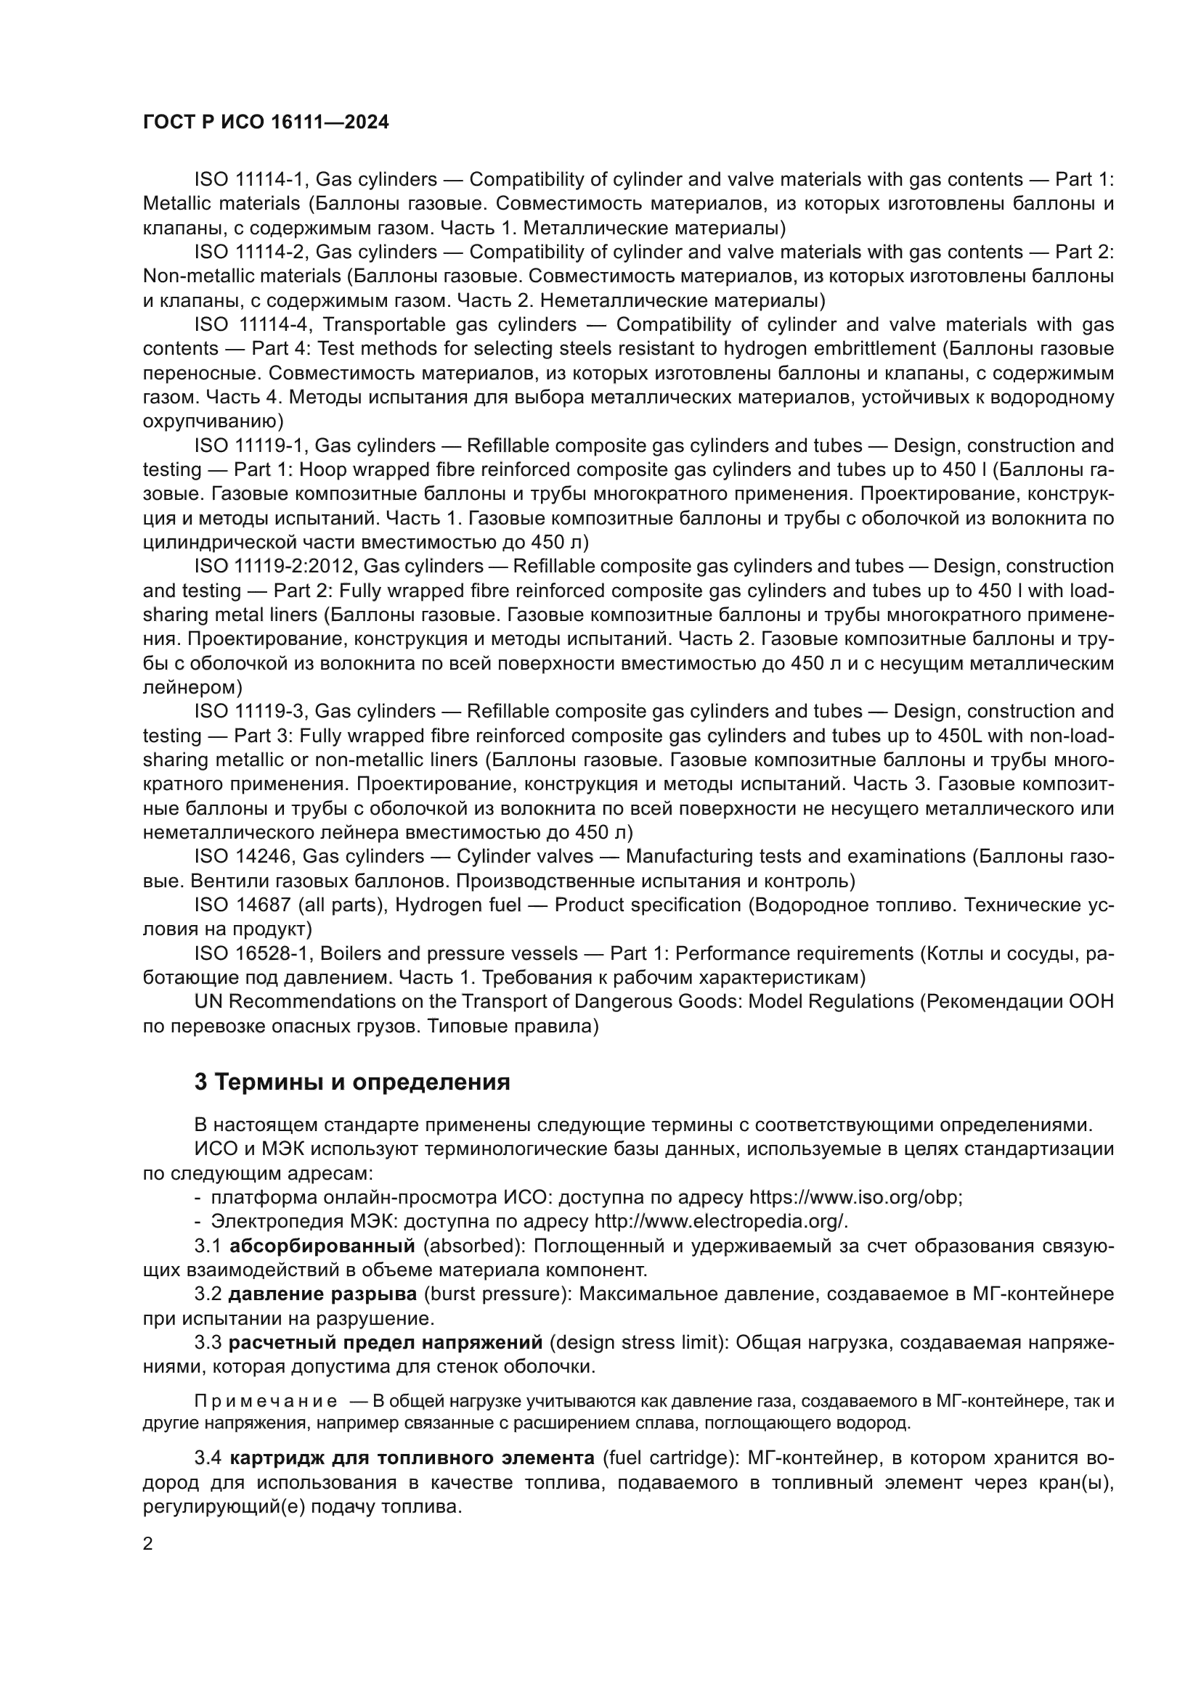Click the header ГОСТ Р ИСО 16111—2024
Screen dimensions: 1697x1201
[x=266, y=123]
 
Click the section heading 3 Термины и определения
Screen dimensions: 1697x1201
[x=352, y=1082]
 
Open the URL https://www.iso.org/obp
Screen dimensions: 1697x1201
[x=855, y=1197]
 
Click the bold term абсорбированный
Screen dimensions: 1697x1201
[x=322, y=1246]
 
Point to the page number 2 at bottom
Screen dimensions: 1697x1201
[x=148, y=1543]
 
